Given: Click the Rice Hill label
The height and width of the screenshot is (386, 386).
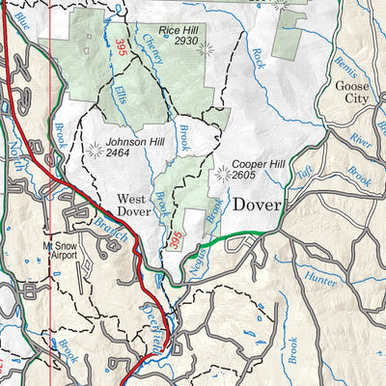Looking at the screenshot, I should pyautogui.click(x=179, y=32).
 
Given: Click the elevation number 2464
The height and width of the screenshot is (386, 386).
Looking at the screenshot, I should pyautogui.click(x=119, y=152).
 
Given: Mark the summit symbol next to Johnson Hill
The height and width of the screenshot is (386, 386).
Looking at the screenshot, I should pyautogui.click(x=95, y=150).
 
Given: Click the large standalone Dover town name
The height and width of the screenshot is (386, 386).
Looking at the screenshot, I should pyautogui.click(x=255, y=206).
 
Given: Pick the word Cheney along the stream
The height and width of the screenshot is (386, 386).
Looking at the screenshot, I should pyautogui.click(x=152, y=43).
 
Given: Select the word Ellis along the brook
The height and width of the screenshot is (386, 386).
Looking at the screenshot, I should pyautogui.click(x=120, y=97).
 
